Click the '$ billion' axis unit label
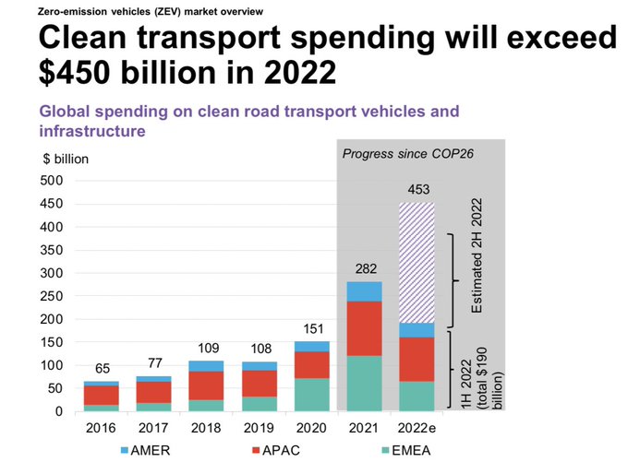tap(66, 159)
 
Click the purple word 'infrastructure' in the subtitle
tap(91, 132)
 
